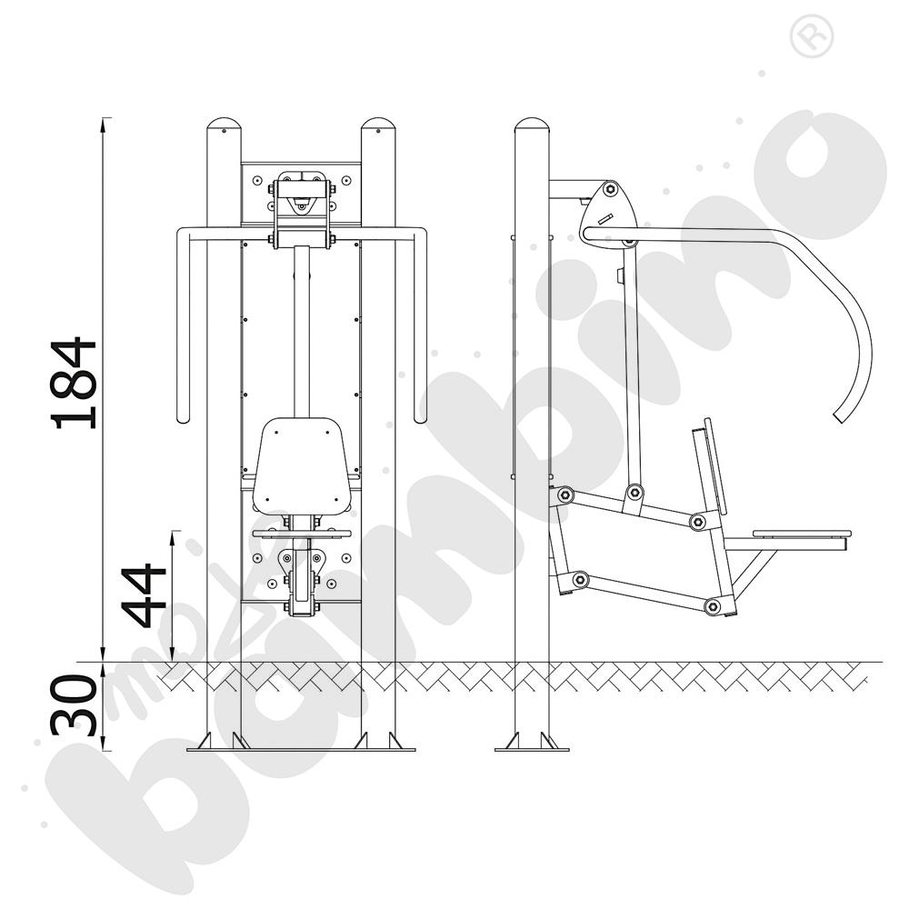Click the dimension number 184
pyautogui.click(x=74, y=383)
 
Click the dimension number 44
pyautogui.click(x=144, y=595)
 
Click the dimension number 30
pyautogui.click(x=74, y=704)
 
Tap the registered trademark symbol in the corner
pyautogui.click(x=812, y=36)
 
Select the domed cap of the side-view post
pyautogui.click(x=532, y=125)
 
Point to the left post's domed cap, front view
pyautogui.click(x=224, y=125)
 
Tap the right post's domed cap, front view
pyautogui.click(x=378, y=125)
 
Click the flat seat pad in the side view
pyautogui.click(x=802, y=533)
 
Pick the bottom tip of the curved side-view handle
pyautogui.click(x=839, y=417)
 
